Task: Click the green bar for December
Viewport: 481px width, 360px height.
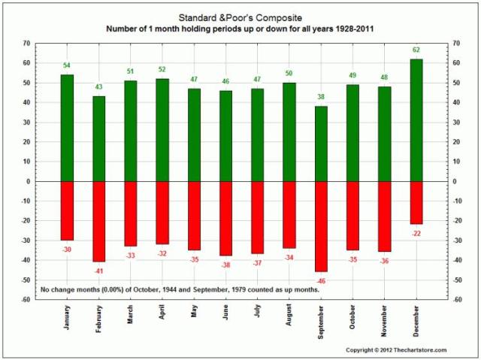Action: [x=416, y=120]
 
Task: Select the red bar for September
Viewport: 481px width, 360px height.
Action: [x=321, y=226]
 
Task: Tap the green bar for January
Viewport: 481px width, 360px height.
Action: [x=67, y=128]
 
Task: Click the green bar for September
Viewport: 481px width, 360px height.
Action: [x=321, y=144]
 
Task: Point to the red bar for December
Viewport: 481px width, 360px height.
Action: [x=416, y=203]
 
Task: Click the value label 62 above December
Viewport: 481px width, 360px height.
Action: [x=416, y=50]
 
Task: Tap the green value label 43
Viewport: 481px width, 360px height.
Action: [x=98, y=88]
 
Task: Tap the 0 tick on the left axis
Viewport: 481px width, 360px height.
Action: [x=29, y=181]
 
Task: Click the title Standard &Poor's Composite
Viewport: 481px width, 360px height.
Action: [x=240, y=16]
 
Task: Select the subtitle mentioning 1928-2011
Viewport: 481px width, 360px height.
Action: [x=240, y=29]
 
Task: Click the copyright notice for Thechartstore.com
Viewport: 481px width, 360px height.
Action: [x=396, y=350]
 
